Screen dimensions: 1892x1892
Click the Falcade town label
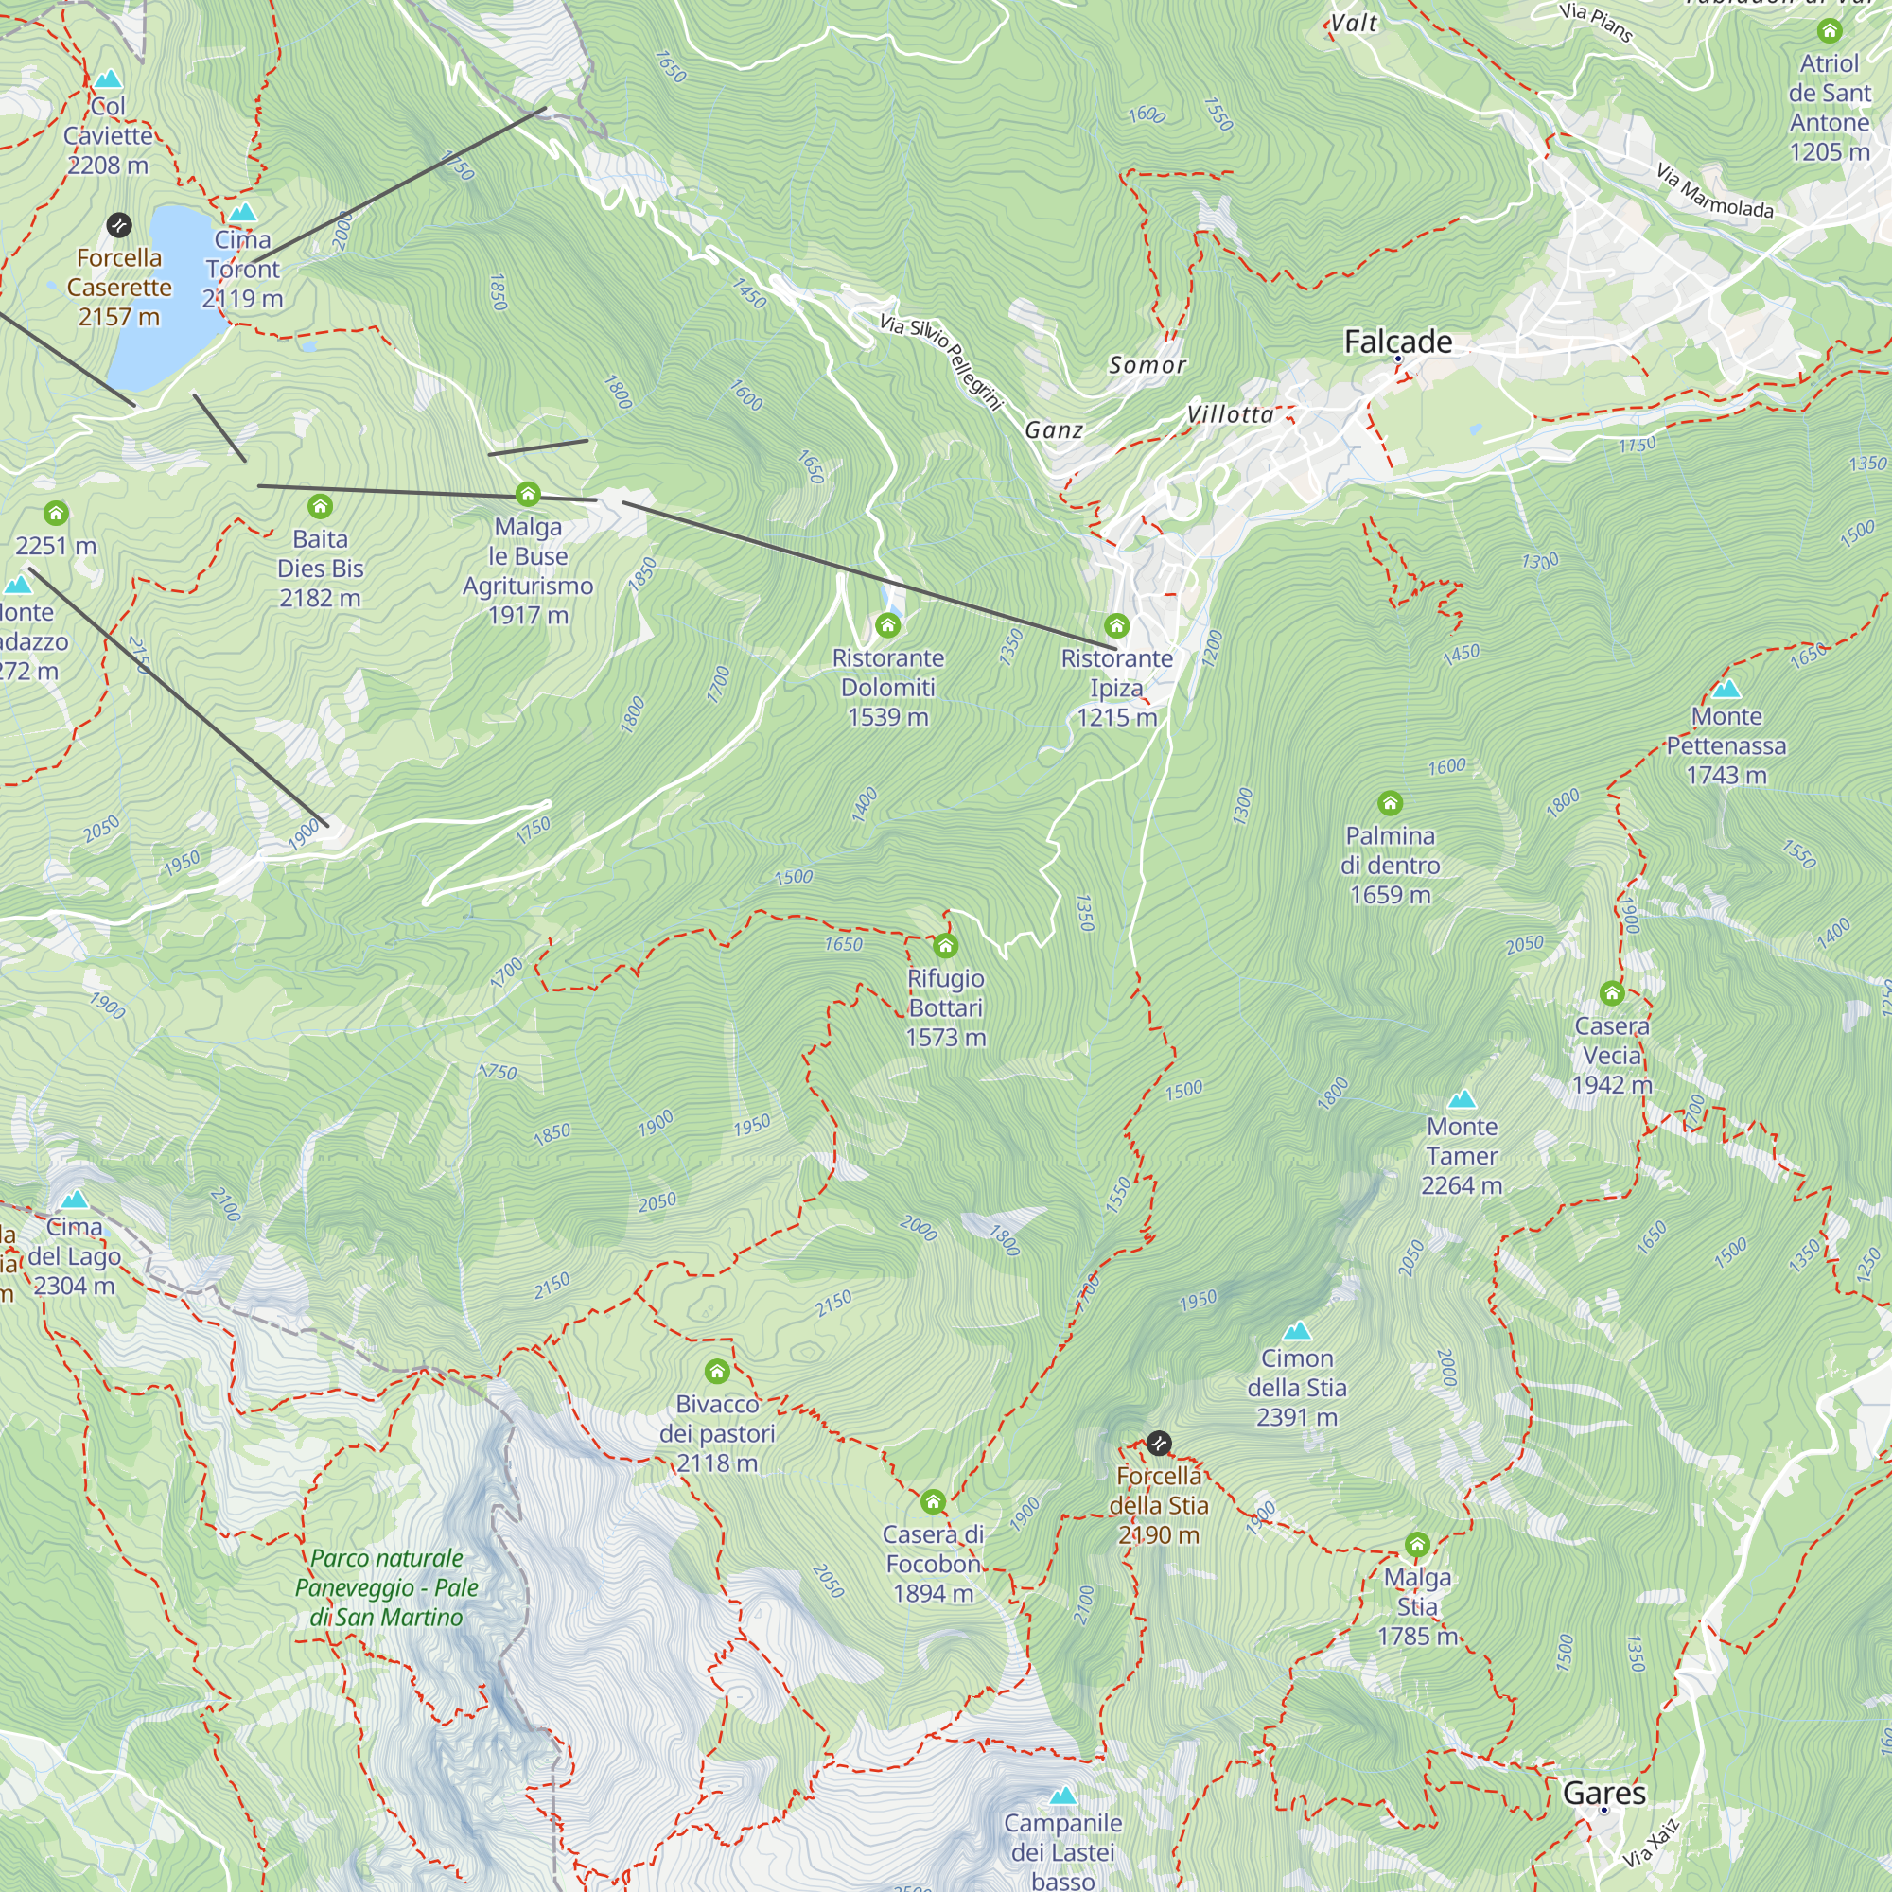tap(1397, 342)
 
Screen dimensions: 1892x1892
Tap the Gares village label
tap(1604, 1793)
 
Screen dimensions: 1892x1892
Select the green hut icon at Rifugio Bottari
tap(945, 945)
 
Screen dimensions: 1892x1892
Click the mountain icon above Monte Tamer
tap(1462, 1098)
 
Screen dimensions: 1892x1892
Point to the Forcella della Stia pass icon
tap(1159, 1443)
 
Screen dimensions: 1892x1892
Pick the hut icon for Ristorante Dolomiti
tap(887, 624)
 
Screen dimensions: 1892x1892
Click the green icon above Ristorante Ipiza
tap(1116, 624)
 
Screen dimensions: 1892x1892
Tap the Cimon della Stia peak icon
tap(1297, 1330)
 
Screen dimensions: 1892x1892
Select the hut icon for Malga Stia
tap(1417, 1546)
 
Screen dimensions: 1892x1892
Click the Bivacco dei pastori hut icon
tap(717, 1371)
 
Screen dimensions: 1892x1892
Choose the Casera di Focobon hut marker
tap(934, 1501)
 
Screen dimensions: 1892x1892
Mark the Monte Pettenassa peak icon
tap(1726, 689)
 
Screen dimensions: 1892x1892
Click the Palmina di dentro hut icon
tap(1390, 804)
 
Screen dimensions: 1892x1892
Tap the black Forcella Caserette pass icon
tap(118, 225)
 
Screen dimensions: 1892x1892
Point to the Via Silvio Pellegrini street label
tap(941, 361)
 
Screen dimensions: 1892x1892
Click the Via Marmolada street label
tap(1714, 191)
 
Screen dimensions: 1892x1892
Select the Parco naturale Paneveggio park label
tap(387, 1587)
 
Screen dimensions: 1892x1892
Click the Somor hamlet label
tap(1147, 365)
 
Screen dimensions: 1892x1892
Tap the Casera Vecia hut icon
tap(1612, 994)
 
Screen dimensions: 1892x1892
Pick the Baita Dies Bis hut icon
tap(321, 506)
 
